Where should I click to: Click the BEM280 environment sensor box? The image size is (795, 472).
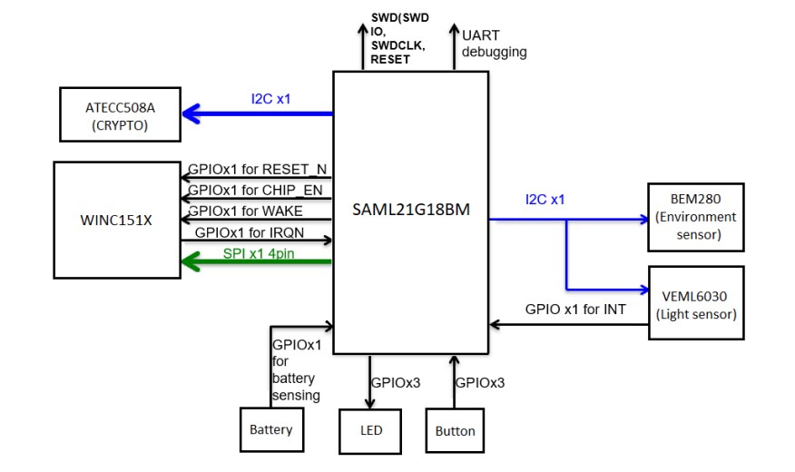694,216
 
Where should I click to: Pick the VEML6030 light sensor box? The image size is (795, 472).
695,301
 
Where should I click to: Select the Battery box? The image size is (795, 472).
270,428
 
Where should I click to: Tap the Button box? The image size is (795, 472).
455,430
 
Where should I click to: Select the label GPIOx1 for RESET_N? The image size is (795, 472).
257,169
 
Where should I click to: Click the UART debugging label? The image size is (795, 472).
494,44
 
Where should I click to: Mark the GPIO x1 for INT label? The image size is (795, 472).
575,310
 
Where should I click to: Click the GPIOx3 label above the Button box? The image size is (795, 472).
479,382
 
